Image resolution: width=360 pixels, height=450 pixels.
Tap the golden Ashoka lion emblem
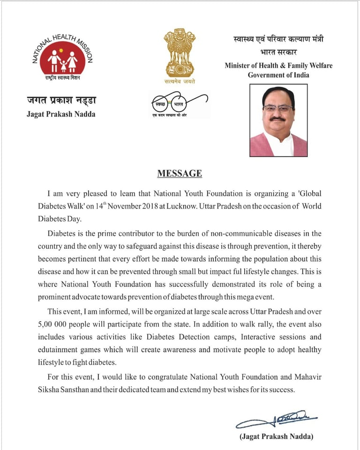pos(179,52)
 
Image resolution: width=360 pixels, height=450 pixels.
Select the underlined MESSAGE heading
pos(180,173)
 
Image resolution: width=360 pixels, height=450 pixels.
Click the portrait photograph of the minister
pos(278,120)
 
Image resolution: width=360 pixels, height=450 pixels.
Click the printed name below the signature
pos(276,436)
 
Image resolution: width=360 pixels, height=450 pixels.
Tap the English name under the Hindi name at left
pos(61,114)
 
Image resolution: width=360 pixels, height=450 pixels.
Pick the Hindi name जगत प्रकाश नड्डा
pos(61,100)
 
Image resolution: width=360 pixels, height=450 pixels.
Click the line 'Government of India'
pos(278,75)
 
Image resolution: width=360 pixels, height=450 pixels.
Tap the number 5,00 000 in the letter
pos(67,324)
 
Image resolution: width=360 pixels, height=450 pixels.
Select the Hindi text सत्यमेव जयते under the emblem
pos(180,81)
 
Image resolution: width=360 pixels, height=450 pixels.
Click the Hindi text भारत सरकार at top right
pos(278,52)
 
